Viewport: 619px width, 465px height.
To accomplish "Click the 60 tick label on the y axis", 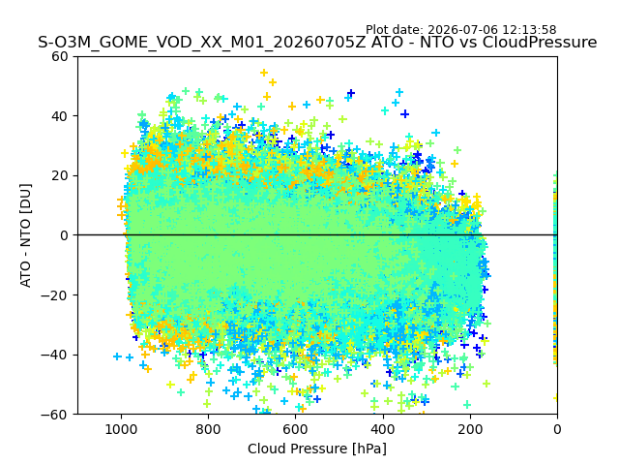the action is tap(60, 57).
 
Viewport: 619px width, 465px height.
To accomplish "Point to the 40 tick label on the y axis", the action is tap(60, 116).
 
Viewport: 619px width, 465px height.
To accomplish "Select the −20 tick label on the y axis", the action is tap(54, 294).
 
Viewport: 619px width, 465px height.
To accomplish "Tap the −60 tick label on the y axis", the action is tap(54, 415).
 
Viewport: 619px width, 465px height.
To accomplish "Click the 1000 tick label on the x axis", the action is tap(121, 429).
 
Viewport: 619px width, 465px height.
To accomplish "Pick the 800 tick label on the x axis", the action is tap(209, 429).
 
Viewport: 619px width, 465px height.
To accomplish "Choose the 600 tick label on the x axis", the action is tap(296, 429).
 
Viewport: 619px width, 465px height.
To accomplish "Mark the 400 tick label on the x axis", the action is tap(383, 429).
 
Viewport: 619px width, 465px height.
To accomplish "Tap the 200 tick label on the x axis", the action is tap(470, 429).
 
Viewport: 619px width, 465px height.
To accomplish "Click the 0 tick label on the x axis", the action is tap(557, 429).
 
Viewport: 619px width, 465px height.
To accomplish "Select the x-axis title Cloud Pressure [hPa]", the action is tap(317, 449).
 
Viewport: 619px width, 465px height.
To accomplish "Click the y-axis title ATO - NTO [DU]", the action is tap(26, 235).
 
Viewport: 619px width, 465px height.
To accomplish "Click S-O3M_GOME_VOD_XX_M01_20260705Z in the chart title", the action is tap(202, 42).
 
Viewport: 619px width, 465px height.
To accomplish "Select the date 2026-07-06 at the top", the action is tap(463, 30).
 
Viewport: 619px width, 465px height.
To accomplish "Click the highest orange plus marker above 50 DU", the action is tap(264, 73).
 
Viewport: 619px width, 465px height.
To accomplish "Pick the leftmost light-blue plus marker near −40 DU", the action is tap(117, 356).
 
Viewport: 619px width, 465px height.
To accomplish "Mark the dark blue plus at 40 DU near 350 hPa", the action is tap(404, 114).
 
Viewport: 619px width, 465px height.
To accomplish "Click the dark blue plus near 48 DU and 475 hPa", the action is tap(350, 93).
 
